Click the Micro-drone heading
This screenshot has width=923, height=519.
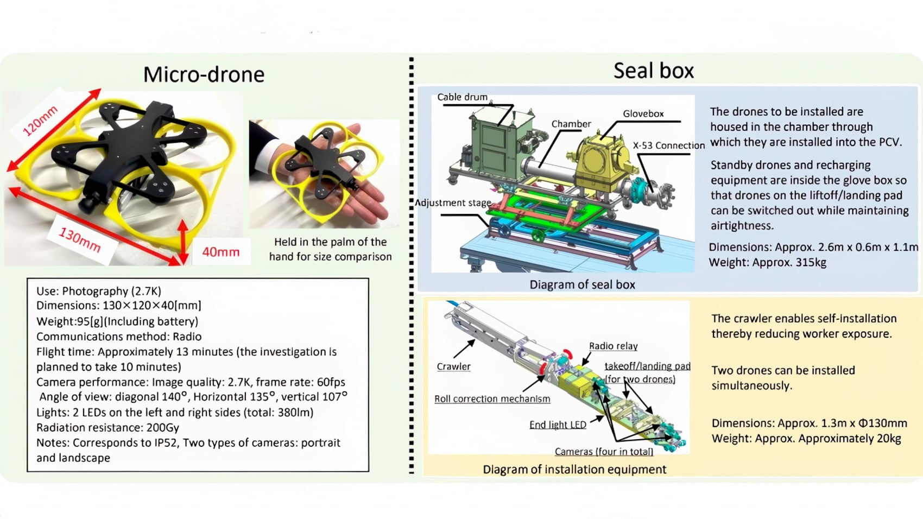[x=204, y=74]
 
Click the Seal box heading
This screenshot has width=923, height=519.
[x=653, y=71]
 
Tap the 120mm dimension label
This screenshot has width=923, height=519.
[x=40, y=121]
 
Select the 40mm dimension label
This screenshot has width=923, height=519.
[x=220, y=252]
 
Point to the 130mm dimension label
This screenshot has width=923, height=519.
[x=80, y=240]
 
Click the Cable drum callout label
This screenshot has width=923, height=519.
[x=462, y=97]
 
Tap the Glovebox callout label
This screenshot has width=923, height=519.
[x=643, y=114]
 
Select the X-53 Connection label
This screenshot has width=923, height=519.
[x=668, y=145]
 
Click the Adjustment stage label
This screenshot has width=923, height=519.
[x=453, y=203]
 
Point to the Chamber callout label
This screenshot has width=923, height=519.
[x=571, y=124]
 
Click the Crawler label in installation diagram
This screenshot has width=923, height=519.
[x=453, y=366]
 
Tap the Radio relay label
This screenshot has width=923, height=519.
[x=613, y=346]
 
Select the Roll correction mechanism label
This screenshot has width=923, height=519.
[x=492, y=399]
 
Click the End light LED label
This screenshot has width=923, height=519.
[x=558, y=425]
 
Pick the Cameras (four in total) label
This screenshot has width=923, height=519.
[x=604, y=452]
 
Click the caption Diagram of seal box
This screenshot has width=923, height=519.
[x=582, y=284]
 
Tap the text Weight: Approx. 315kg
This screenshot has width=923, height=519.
[x=767, y=263]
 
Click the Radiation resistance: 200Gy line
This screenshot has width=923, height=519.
[x=108, y=428]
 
